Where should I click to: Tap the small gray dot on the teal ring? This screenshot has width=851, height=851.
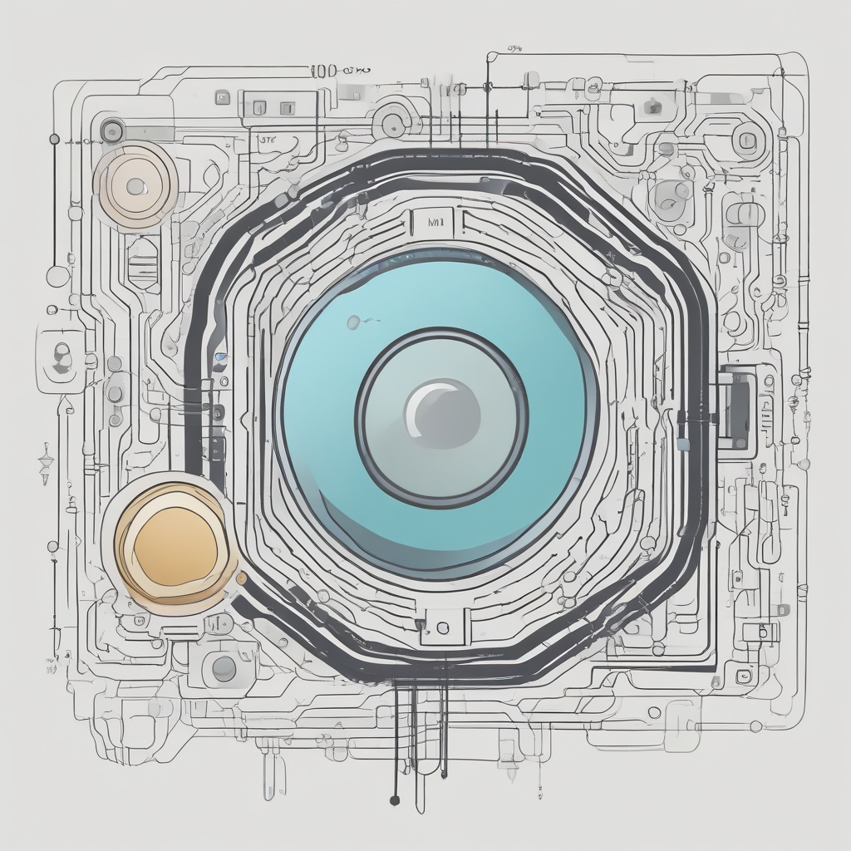click(x=354, y=321)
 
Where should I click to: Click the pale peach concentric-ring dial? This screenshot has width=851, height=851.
click(x=135, y=184)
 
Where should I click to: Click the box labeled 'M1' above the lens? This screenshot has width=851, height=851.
click(x=432, y=223)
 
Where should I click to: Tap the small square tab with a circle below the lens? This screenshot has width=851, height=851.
click(x=441, y=626)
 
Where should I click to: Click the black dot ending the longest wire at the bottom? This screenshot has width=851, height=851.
click(x=394, y=800)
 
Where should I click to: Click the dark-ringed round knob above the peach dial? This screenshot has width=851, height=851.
click(x=111, y=130)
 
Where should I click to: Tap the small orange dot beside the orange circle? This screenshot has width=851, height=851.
click(x=242, y=578)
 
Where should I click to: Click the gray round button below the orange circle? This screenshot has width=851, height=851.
click(x=224, y=667)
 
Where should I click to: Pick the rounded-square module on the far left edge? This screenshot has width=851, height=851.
click(x=61, y=357)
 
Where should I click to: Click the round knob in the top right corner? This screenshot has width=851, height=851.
click(x=746, y=140)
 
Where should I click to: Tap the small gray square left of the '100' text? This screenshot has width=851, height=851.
click(x=222, y=97)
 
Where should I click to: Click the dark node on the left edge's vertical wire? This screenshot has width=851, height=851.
click(x=54, y=139)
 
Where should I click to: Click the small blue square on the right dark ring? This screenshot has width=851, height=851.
click(x=683, y=445)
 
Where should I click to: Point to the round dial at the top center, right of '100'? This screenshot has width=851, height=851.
click(x=391, y=123)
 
